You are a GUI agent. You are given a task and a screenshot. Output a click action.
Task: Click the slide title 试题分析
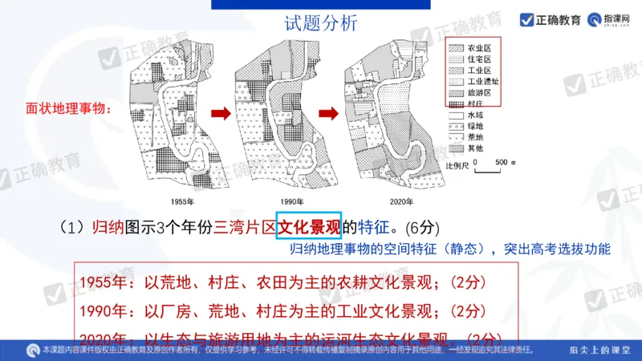coord(321,23)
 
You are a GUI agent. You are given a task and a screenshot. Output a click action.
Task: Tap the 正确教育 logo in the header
coord(551,19)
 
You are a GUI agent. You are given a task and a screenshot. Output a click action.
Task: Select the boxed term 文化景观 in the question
coord(309,225)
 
